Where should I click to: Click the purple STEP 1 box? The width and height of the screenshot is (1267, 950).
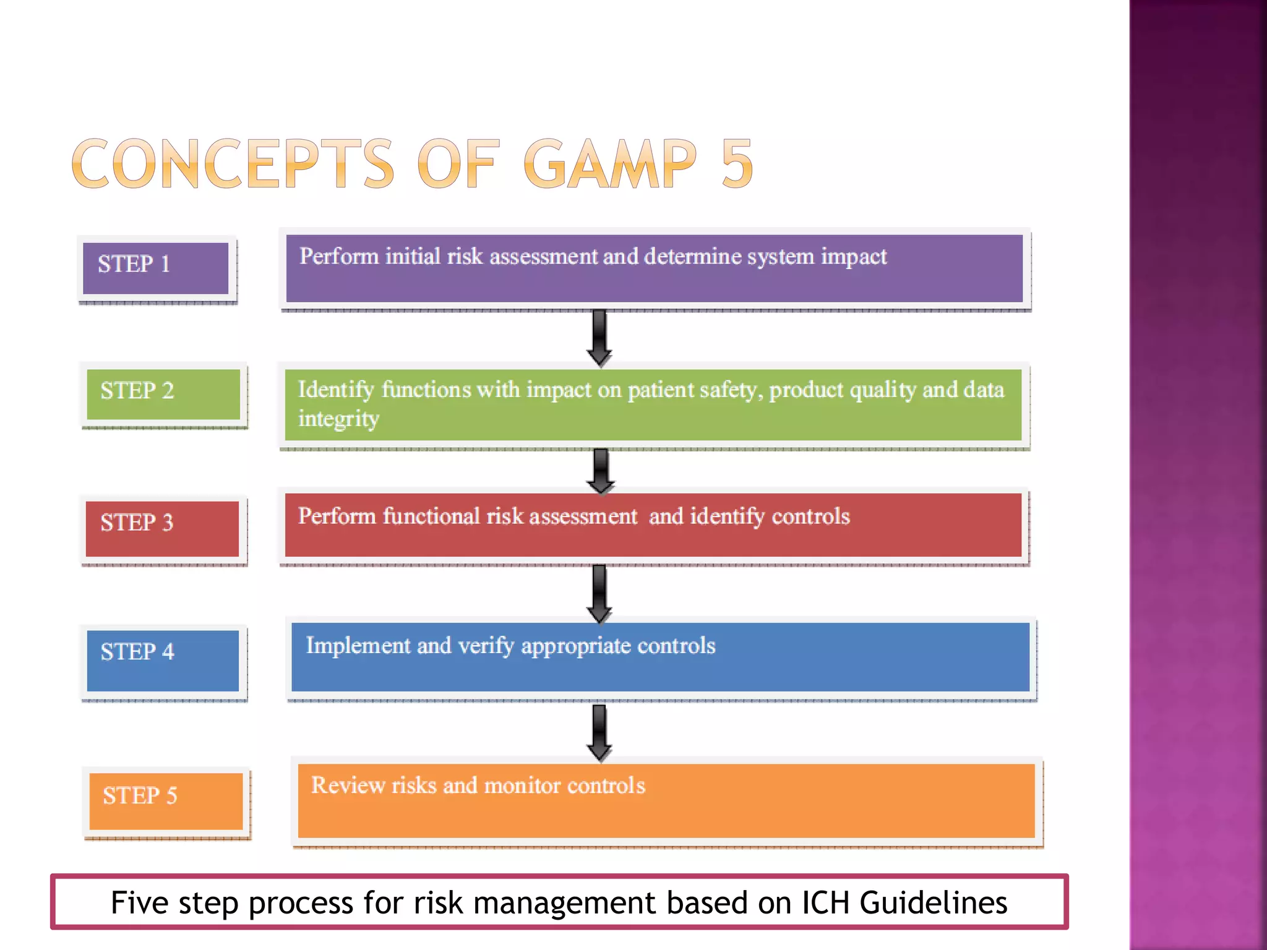156,268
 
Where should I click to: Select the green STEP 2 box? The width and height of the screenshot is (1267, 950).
163,394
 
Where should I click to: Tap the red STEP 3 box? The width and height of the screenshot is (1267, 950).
162,528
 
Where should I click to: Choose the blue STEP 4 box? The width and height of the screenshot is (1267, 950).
163,660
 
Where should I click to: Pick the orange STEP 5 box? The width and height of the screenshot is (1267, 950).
166,800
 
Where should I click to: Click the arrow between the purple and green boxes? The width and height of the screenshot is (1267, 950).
599,337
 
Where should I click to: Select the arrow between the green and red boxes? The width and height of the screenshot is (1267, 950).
600,470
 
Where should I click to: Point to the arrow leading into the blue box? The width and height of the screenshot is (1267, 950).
599,593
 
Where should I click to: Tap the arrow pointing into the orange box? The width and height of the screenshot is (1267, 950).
599,732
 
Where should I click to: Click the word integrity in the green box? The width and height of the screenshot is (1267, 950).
338,419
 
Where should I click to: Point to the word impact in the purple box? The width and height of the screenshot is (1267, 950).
854,257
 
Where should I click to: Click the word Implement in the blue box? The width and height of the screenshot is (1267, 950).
358,646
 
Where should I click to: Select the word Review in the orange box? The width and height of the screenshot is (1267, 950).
348,785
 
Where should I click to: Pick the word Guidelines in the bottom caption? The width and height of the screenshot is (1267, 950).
933,902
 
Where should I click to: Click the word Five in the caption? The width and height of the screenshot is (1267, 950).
139,902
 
